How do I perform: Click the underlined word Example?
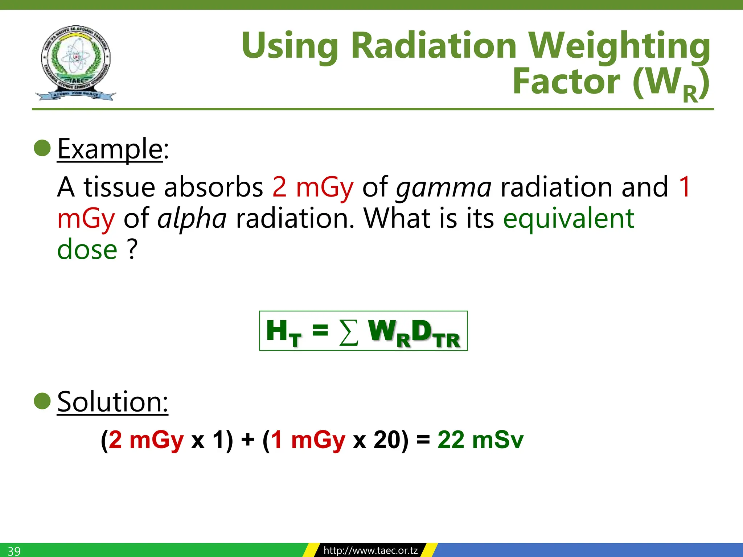110,149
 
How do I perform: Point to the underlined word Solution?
112,402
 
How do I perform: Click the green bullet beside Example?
42,148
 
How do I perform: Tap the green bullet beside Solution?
42,401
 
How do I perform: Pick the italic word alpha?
192,219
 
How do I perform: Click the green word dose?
87,250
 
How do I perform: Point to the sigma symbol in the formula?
349,332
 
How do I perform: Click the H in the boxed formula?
277,330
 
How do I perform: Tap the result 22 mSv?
480,440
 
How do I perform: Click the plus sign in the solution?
248,440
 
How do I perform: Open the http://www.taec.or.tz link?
370,550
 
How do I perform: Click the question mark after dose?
132,250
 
